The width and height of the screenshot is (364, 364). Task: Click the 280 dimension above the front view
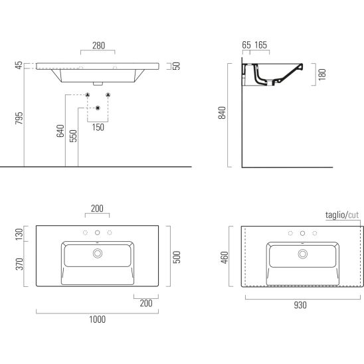point(99,45)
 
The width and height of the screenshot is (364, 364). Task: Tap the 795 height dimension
point(19,118)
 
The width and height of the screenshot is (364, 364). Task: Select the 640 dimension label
point(60,131)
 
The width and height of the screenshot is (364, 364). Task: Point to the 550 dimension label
point(73,136)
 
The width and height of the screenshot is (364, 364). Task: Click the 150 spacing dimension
point(98,128)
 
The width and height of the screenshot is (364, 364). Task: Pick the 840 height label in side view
point(222,113)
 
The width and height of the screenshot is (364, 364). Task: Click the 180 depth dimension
point(322,74)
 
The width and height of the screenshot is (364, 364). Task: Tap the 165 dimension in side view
point(260,45)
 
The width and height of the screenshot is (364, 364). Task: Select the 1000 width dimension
point(98,319)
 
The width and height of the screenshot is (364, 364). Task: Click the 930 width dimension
point(300,305)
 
